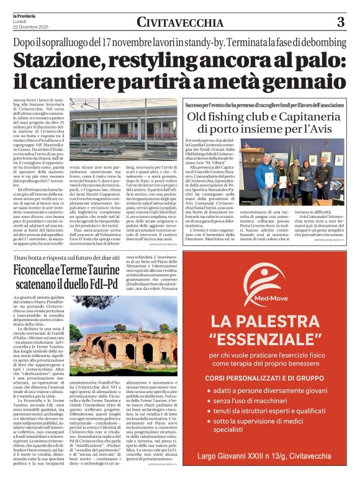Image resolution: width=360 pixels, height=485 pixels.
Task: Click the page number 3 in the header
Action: click(x=340, y=22)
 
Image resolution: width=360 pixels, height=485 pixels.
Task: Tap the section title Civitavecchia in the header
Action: click(x=179, y=23)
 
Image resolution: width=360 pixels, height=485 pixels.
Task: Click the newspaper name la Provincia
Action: click(x=26, y=14)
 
